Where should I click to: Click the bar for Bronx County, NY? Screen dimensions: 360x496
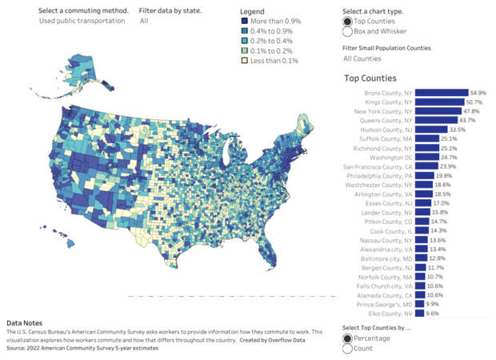pos(441,93)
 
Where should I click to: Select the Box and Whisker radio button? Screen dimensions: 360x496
pos(347,32)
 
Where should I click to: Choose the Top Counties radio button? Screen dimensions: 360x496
pos(347,21)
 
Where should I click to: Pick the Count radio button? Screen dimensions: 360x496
pos(347,348)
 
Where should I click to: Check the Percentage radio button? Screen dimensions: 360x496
pos(347,338)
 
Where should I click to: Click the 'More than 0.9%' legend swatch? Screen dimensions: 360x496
pos(244,22)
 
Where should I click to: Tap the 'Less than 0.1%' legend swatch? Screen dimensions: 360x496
pos(244,59)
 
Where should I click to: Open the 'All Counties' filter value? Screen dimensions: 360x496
pos(362,58)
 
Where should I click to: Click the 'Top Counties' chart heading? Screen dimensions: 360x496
pos(370,78)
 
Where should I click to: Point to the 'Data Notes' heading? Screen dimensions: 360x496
pos(25,323)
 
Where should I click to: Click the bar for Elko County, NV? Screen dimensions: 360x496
pos(418,314)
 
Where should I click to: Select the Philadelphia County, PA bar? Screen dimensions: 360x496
pos(425,175)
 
